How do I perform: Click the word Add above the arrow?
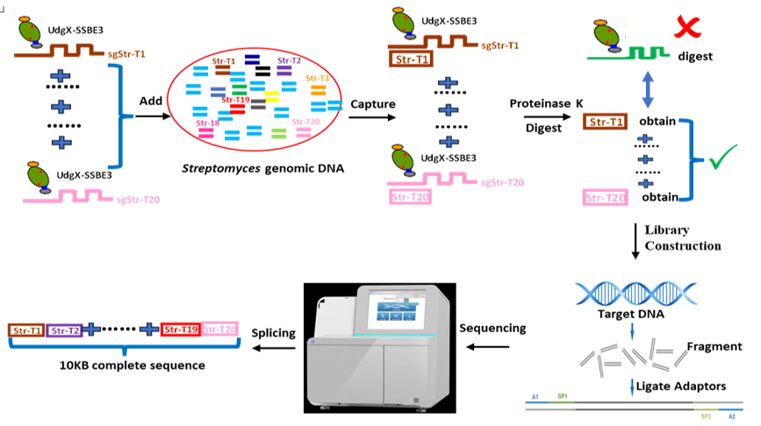(x=150, y=101)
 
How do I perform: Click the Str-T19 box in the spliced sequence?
(x=181, y=330)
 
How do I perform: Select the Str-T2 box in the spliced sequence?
(x=64, y=330)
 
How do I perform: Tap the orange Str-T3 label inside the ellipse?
(x=318, y=79)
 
